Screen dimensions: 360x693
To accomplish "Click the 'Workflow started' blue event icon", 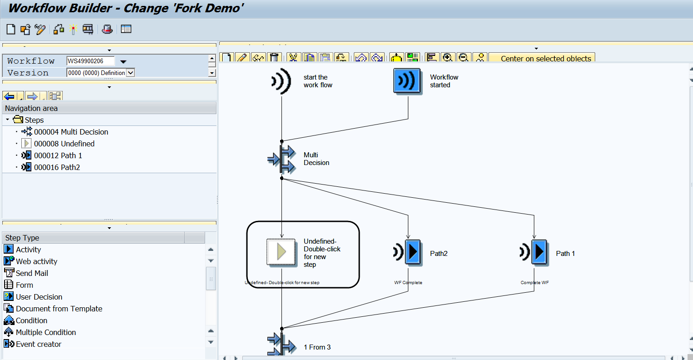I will (x=407, y=81).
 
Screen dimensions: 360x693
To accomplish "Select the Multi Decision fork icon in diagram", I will (x=281, y=159).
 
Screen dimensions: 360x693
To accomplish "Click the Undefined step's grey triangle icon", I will (x=281, y=252).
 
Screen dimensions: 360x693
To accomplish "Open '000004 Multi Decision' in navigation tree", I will (x=71, y=132).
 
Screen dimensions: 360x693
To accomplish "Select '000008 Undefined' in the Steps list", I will (x=64, y=144).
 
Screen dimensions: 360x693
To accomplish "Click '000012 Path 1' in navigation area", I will (x=58, y=155).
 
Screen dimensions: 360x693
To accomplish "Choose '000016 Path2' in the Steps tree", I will (x=57, y=167).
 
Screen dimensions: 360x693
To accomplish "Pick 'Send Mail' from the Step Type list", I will (x=32, y=273).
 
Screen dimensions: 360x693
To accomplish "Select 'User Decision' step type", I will (x=39, y=297).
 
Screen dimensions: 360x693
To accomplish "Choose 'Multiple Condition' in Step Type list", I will (x=45, y=332).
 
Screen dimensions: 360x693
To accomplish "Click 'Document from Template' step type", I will (x=59, y=309).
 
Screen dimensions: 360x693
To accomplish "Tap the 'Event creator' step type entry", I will (x=38, y=344).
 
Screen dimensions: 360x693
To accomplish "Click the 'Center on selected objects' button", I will (x=546, y=58).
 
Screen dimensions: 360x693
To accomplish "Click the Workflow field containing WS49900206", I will (x=90, y=61).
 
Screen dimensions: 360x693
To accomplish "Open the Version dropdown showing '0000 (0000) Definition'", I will (x=131, y=73).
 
